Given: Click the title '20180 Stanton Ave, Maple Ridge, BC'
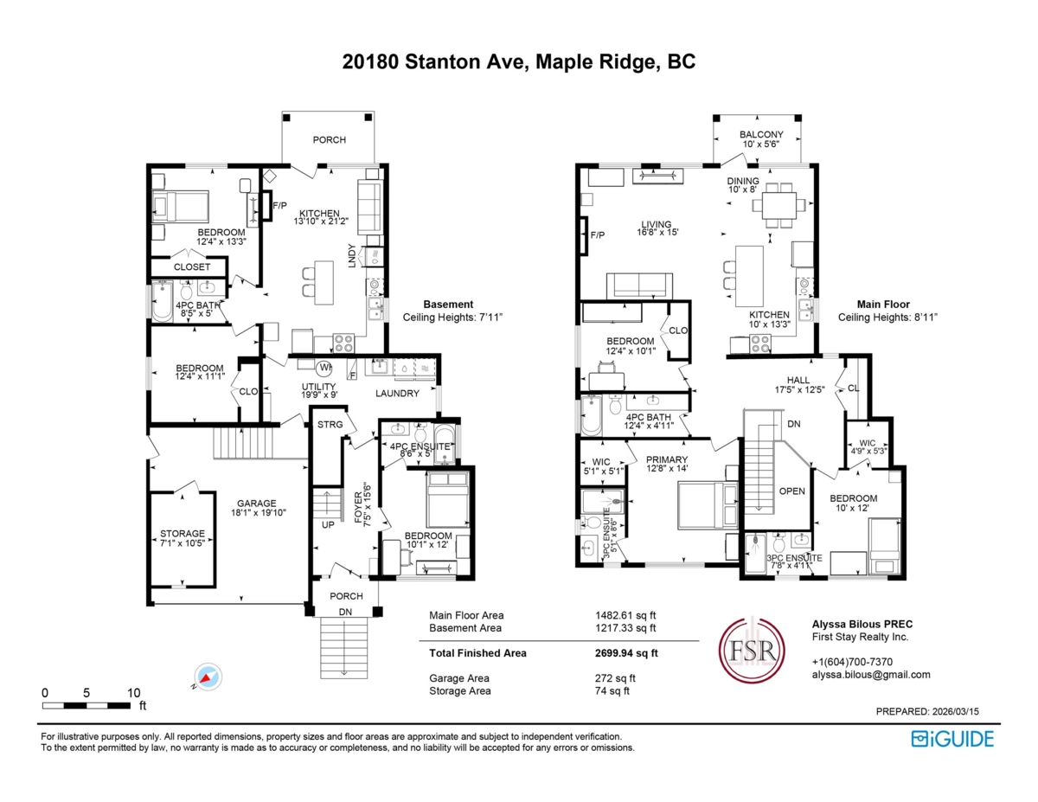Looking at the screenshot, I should (x=519, y=61).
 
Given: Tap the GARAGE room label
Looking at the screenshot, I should (x=257, y=503).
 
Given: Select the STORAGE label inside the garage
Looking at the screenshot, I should (x=183, y=534).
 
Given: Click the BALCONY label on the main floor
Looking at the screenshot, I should (x=761, y=135).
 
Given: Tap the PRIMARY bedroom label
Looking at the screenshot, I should (x=668, y=460).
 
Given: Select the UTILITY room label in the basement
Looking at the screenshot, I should (x=318, y=387).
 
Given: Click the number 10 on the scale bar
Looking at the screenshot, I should (x=133, y=693).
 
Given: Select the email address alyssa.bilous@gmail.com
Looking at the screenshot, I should (x=871, y=675).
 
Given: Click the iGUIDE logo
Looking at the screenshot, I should (x=952, y=738).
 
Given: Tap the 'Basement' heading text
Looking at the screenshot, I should (x=448, y=305).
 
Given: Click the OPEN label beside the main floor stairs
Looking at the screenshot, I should (x=792, y=491).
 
